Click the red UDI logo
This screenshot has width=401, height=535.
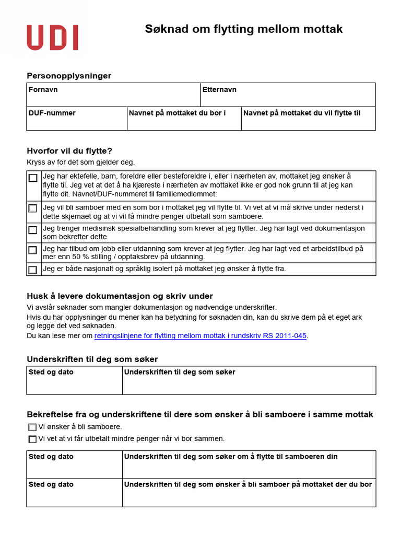(x=52, y=38)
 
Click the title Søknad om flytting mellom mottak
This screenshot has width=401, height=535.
(x=243, y=29)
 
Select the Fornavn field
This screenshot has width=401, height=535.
(x=113, y=95)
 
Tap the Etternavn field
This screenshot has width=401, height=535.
(x=288, y=95)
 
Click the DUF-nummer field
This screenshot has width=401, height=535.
(x=77, y=119)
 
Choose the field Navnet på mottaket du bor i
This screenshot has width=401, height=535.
(x=184, y=119)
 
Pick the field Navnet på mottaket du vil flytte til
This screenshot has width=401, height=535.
(x=308, y=119)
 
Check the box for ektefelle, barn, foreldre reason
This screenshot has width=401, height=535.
(x=33, y=178)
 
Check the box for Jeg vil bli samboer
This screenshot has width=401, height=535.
(x=33, y=208)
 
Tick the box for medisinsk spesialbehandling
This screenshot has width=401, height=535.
(x=33, y=230)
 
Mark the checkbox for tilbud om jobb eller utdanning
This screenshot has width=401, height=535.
(x=33, y=250)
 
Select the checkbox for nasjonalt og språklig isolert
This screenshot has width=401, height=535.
(x=33, y=270)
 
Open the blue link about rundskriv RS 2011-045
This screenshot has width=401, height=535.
(x=200, y=336)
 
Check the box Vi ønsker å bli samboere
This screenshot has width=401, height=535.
(x=32, y=427)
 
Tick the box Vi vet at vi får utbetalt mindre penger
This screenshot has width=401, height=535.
(x=32, y=439)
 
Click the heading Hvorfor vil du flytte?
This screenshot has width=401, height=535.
(x=69, y=151)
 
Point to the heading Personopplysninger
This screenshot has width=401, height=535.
(x=69, y=76)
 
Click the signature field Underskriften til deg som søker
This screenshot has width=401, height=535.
(x=249, y=381)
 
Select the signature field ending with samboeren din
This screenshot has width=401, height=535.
(x=249, y=465)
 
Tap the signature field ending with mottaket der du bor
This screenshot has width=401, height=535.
(x=249, y=493)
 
